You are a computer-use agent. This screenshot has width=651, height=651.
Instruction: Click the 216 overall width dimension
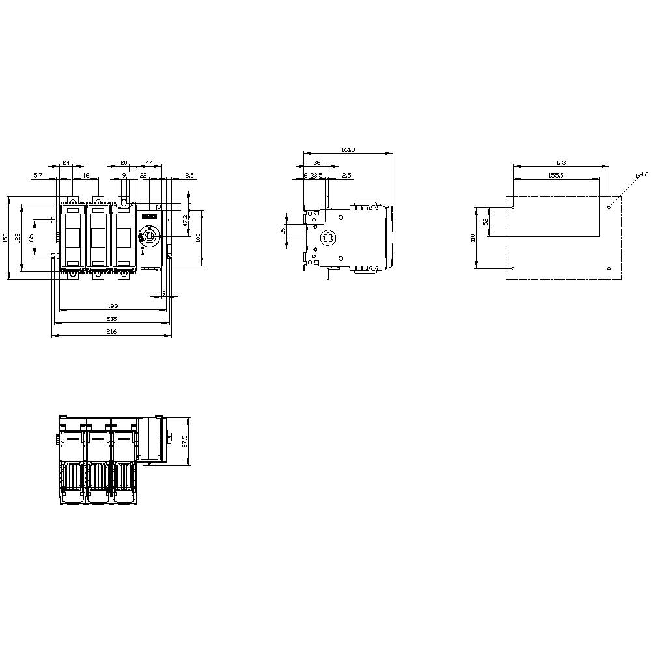(x=111, y=332)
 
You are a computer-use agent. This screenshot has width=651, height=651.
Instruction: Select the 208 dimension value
(x=111, y=319)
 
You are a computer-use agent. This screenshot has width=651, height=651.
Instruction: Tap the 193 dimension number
(x=113, y=305)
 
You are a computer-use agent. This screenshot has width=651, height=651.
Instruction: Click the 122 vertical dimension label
(x=18, y=238)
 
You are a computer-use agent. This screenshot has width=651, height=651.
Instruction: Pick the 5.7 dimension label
(x=38, y=175)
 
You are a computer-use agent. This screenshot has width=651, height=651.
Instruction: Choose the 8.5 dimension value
(x=189, y=175)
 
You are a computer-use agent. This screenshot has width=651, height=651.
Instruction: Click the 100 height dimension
(x=198, y=238)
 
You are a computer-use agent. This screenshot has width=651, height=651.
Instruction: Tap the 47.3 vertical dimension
(x=185, y=221)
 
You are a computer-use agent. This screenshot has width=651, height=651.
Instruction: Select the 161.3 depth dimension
(x=348, y=150)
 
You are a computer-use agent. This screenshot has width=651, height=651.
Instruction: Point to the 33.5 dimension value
(x=316, y=175)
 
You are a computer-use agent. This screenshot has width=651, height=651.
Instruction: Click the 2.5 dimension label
(x=346, y=175)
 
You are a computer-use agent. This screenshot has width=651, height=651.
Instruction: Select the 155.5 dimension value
(x=556, y=174)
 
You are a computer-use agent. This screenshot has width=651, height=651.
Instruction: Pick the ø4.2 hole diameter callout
(x=642, y=174)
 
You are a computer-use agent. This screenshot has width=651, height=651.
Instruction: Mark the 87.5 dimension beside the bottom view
(x=184, y=441)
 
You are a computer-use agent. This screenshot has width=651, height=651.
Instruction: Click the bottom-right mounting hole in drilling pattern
(x=609, y=268)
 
